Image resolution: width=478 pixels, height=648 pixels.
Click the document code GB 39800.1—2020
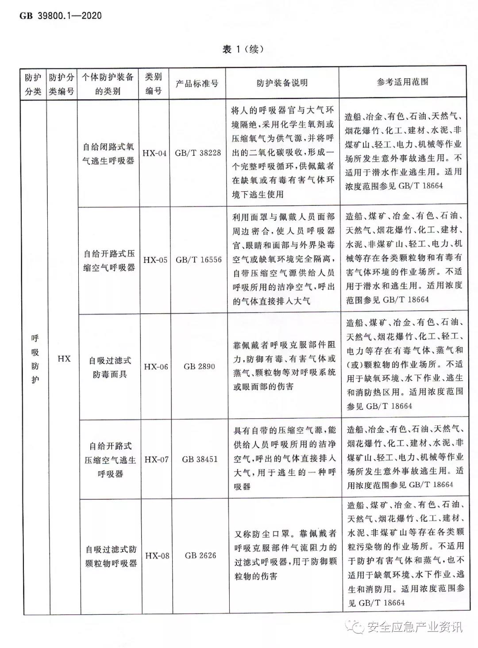[61, 16]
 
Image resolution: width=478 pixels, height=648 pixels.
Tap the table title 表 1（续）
[243, 49]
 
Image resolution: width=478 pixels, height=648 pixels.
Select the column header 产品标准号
[197, 83]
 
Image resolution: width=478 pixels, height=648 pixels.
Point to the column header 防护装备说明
[282, 83]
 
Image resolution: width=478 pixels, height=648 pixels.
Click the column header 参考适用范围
[402, 82]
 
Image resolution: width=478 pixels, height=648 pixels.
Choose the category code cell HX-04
[154, 153]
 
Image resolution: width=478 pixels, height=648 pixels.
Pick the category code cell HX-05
[155, 260]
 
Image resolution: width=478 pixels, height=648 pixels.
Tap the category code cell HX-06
[156, 366]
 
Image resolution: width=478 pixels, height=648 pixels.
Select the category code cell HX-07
[156, 459]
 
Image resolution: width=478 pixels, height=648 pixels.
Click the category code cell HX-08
[157, 555]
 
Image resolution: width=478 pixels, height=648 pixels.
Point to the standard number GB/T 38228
[197, 153]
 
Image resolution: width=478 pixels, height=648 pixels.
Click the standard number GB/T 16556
[198, 260]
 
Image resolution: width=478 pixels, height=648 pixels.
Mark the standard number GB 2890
[199, 366]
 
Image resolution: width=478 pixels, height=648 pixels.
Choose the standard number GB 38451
[200, 459]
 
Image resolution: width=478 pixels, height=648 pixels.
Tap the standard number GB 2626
[200, 555]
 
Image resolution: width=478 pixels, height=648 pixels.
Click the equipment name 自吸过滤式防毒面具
[110, 367]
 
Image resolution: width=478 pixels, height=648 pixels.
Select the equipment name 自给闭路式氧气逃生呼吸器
[108, 153]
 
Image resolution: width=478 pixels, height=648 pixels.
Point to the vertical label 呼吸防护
[35, 359]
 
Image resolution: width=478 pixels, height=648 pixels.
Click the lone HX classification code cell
[64, 359]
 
